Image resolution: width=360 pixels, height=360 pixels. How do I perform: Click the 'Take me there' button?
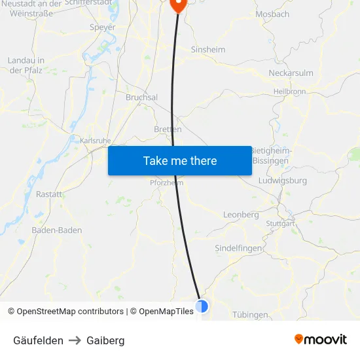coord(180,160)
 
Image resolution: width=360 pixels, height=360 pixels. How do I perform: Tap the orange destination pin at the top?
coord(178,4)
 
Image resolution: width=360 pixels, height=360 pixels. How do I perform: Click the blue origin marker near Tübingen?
coord(202,306)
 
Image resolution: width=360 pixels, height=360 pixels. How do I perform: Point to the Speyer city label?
coord(102,27)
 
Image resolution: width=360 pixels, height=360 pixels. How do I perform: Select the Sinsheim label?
coord(207,50)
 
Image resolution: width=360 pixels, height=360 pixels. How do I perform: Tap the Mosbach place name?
coord(272,14)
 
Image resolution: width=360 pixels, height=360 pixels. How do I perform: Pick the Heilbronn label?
coord(289,92)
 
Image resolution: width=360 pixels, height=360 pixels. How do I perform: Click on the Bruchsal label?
coord(141,97)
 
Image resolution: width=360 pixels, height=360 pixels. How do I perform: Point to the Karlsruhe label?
coord(95,140)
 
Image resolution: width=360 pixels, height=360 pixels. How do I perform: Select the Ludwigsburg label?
coord(283,180)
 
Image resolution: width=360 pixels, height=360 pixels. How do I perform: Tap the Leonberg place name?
coord(241,215)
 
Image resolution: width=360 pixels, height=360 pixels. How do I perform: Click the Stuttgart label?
coord(280,224)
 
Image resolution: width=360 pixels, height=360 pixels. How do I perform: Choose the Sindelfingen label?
coord(239,248)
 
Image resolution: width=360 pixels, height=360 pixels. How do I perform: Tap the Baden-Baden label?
coord(57,230)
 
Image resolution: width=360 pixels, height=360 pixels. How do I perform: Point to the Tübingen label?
coord(250,315)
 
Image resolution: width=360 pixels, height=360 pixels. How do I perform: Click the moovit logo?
coord(321,339)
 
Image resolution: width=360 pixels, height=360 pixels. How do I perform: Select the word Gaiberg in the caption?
coord(105,340)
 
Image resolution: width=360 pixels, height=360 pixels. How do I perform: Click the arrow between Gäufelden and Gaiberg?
coord(75,340)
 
